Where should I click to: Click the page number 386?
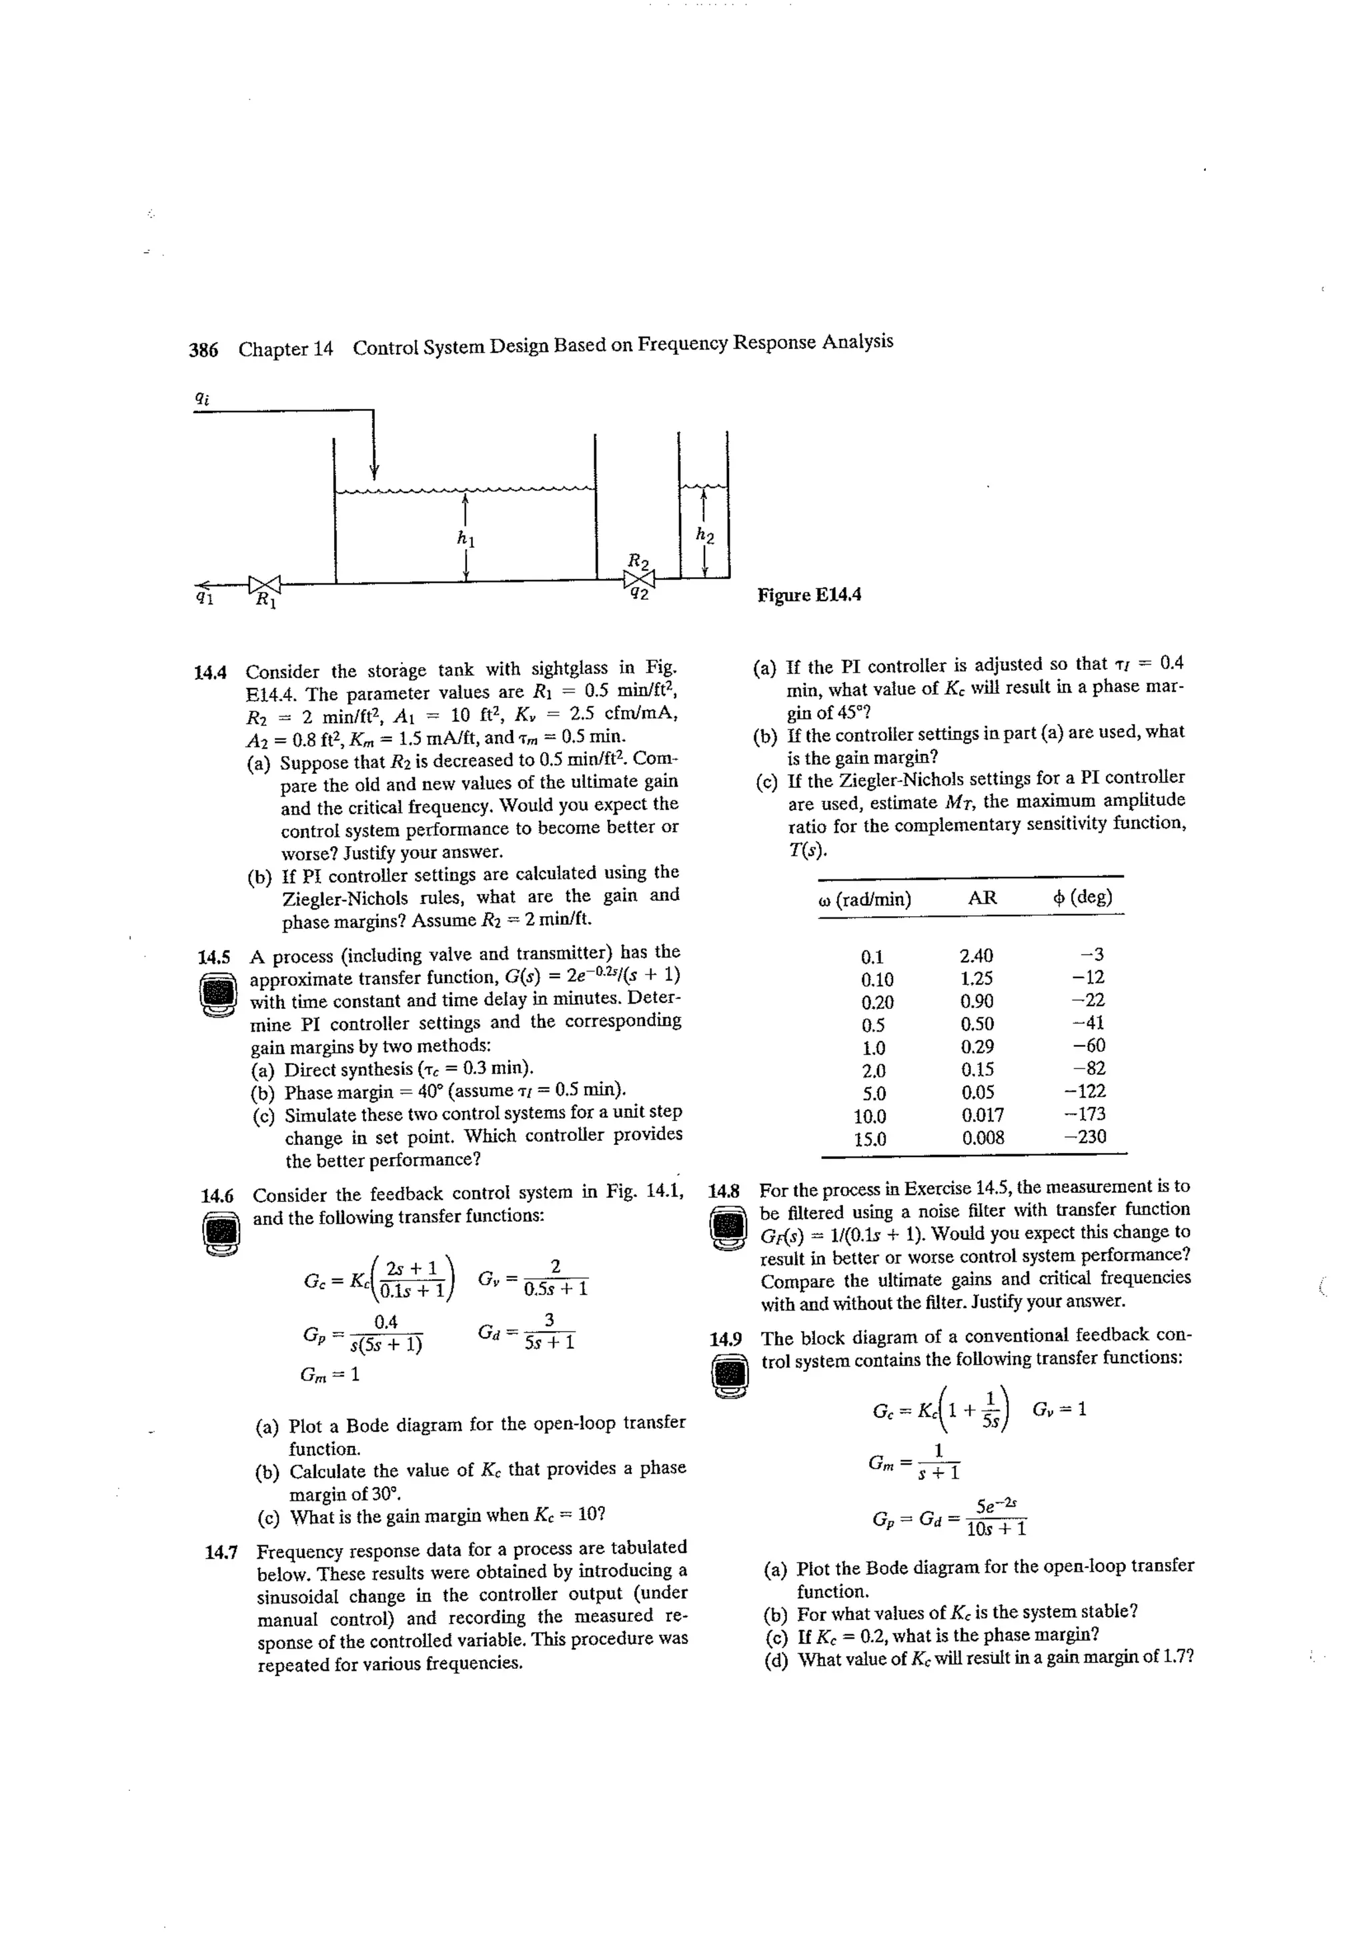(203, 350)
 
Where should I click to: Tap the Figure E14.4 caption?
(809, 595)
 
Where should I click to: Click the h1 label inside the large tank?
(466, 537)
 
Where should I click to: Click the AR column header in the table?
(982, 898)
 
